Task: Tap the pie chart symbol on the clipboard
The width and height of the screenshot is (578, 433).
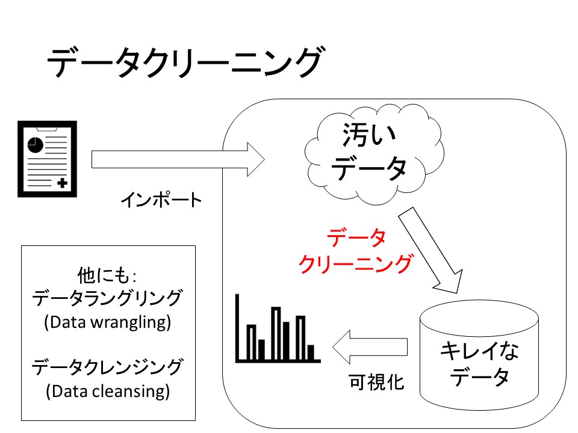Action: [x=35, y=144]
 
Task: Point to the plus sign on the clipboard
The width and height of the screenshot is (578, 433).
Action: [x=62, y=183]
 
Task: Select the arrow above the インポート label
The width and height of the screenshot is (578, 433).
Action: [x=178, y=159]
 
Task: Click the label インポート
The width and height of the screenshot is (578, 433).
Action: [x=161, y=200]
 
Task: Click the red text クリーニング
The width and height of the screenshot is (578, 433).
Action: [x=356, y=263]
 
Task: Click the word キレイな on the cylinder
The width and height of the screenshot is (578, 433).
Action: [x=479, y=351]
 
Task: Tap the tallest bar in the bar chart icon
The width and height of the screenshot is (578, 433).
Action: [x=276, y=334]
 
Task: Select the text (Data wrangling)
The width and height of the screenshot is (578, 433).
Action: [x=108, y=322]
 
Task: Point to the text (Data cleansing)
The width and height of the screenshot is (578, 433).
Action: [x=108, y=392]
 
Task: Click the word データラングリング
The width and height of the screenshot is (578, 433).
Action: [x=108, y=299]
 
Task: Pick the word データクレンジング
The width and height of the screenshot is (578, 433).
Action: [x=108, y=367]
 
